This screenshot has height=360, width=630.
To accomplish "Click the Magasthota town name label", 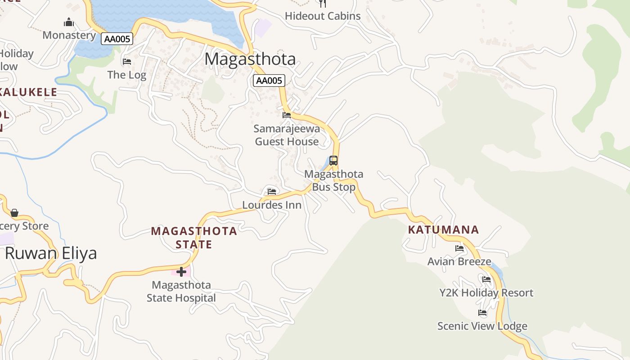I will pyautogui.click(x=250, y=59).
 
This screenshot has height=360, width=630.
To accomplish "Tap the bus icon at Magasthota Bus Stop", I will pyautogui.click(x=333, y=161).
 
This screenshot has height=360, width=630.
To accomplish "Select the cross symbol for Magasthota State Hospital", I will pyautogui.click(x=181, y=272).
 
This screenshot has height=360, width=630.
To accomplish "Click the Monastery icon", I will pyautogui.click(x=68, y=22).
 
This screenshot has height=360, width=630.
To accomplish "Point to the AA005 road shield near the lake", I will pyautogui.click(x=117, y=39).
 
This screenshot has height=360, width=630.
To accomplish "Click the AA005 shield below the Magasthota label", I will pyautogui.click(x=269, y=81).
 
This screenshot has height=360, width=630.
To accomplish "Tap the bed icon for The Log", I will pyautogui.click(x=127, y=62).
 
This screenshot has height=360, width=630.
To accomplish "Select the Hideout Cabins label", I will pyautogui.click(x=323, y=16).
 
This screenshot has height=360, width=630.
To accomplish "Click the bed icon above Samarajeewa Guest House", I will pyautogui.click(x=287, y=115).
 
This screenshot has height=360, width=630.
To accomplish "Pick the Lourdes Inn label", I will pyautogui.click(x=272, y=205).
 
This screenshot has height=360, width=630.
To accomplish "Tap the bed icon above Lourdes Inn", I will pyautogui.click(x=271, y=192).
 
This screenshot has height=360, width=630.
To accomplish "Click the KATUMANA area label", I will pyautogui.click(x=443, y=230).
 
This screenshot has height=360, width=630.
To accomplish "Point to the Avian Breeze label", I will pyautogui.click(x=459, y=261).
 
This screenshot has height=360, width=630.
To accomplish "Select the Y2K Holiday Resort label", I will pyautogui.click(x=486, y=293).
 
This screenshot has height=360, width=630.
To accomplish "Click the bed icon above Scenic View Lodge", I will pyautogui.click(x=482, y=313).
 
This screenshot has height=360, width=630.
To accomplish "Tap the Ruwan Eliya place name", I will pyautogui.click(x=51, y=253).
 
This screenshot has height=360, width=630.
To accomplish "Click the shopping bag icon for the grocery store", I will pyautogui.click(x=14, y=212).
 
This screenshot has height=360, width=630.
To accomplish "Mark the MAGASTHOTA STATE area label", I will pyautogui.click(x=194, y=238).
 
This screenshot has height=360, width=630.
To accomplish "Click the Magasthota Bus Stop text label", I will pyautogui.click(x=333, y=180).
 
